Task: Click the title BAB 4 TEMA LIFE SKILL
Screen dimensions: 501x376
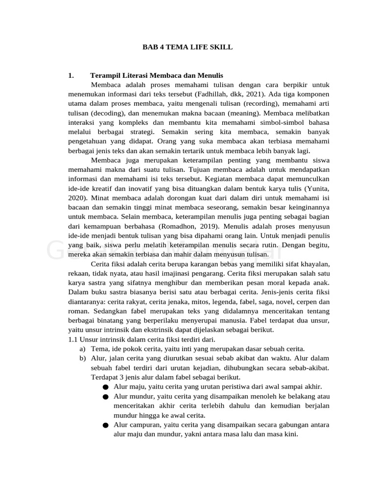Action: point(188,47)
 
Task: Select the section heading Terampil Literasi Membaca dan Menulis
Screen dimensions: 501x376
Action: point(157,75)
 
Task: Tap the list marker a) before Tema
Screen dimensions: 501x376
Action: point(82,349)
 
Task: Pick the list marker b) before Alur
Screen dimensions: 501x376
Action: point(82,358)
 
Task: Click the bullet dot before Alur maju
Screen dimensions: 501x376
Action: point(106,387)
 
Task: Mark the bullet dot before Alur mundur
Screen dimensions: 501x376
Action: point(106,396)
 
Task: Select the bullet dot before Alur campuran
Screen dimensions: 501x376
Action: point(106,425)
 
